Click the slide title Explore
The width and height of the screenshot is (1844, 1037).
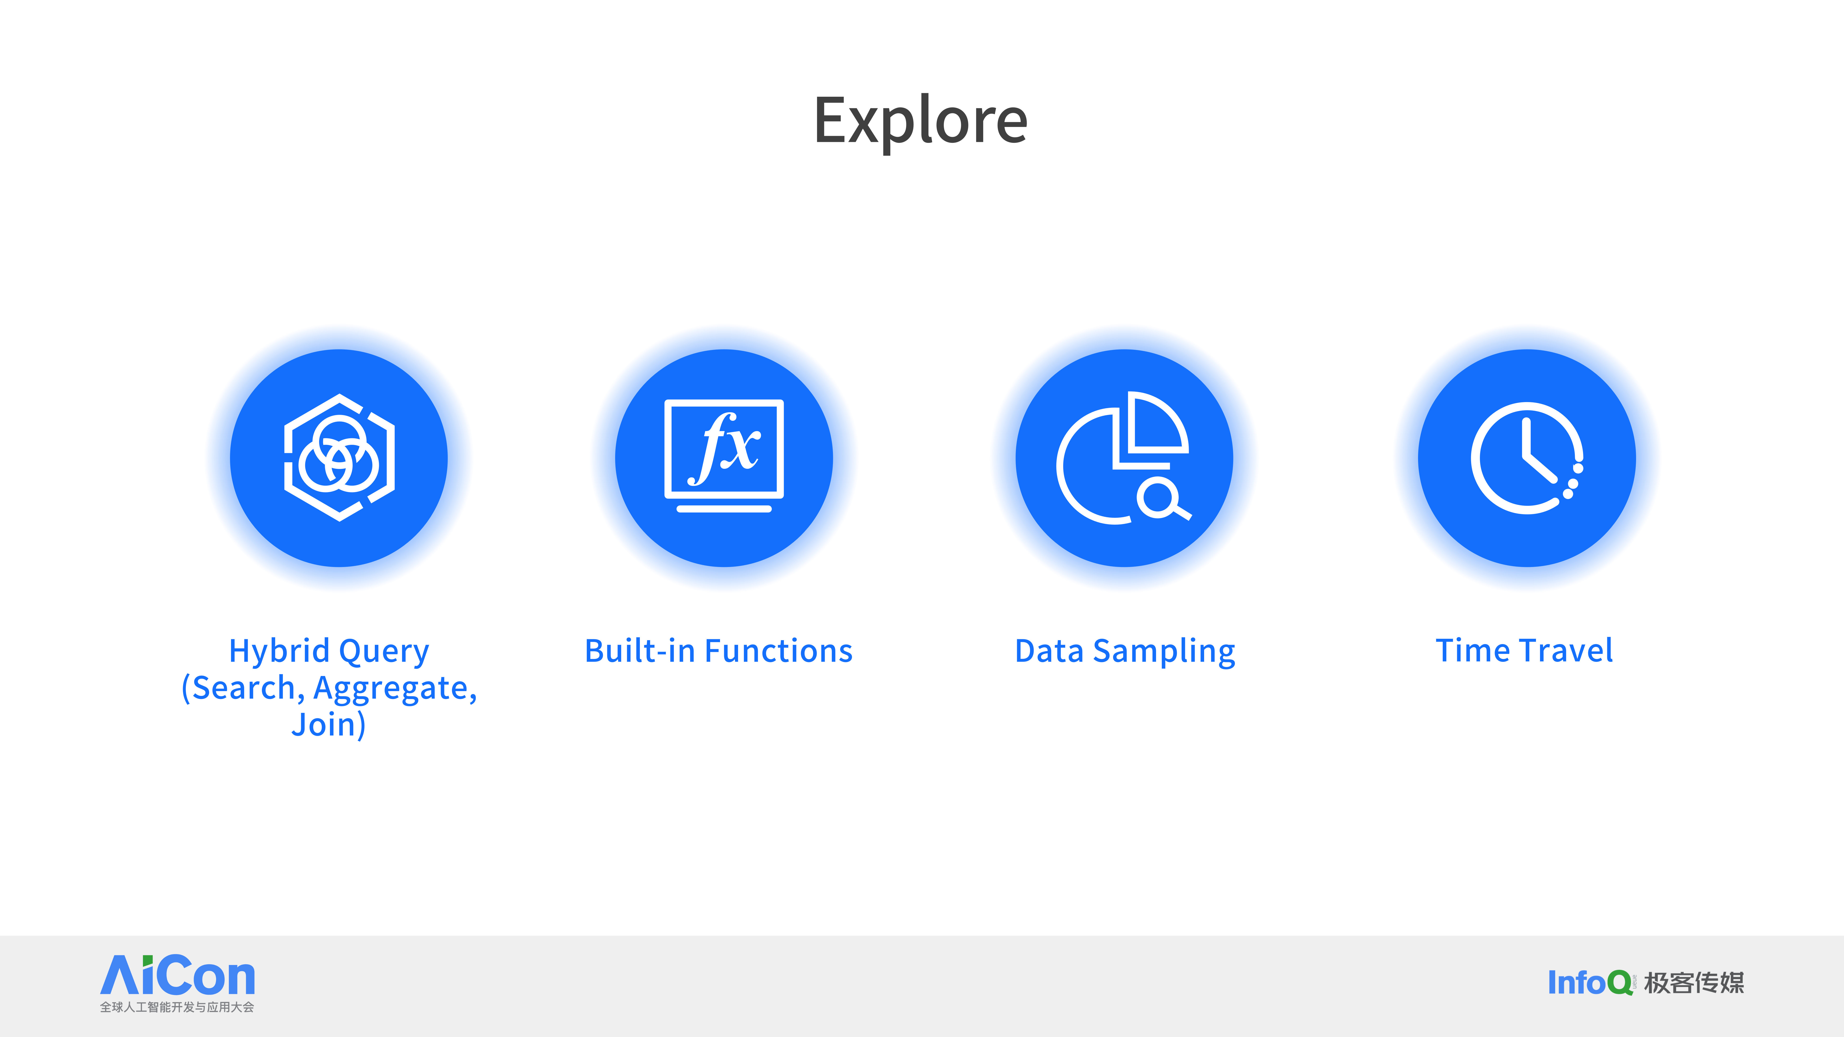pos(921,122)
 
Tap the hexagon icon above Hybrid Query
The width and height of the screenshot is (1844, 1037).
pos(339,457)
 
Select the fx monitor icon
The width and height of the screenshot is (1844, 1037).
pos(724,456)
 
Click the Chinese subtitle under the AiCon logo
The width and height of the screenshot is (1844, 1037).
pos(177,1007)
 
